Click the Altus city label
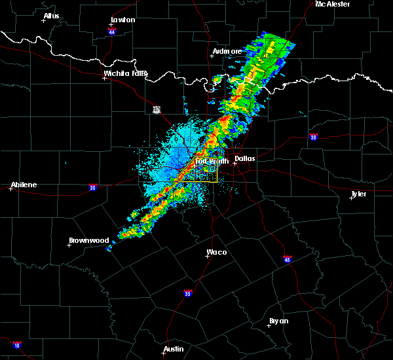click(x=51, y=16)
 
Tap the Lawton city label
click(x=123, y=20)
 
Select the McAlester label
click(x=332, y=4)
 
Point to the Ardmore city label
click(x=227, y=51)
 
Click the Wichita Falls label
click(x=125, y=74)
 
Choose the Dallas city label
click(x=245, y=158)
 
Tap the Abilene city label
click(x=23, y=185)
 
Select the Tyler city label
click(x=358, y=194)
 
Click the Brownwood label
click(x=88, y=240)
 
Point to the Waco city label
click(x=217, y=252)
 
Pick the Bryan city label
click(x=279, y=321)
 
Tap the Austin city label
click(x=173, y=349)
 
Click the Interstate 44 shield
click(x=112, y=31)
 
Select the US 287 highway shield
click(x=157, y=109)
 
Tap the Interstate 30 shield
click(x=314, y=137)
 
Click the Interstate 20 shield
click(x=92, y=187)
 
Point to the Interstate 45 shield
click(x=288, y=259)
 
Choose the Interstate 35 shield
click(x=187, y=293)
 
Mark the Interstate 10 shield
click(x=16, y=345)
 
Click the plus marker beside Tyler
click(x=352, y=198)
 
